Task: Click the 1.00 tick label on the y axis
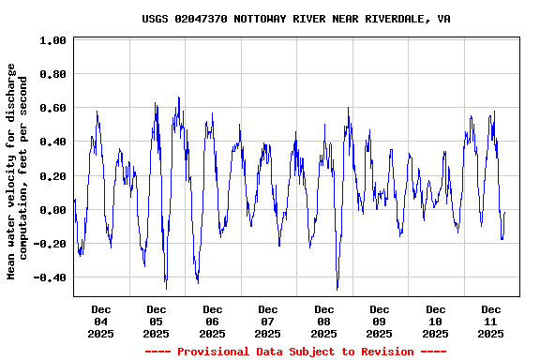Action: pyautogui.click(x=52, y=40)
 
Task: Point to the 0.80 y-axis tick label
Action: pyautogui.click(x=52, y=74)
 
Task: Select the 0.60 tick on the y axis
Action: pyautogui.click(x=52, y=108)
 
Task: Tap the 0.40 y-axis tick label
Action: pyautogui.click(x=52, y=142)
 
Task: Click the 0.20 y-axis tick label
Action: pyautogui.click(x=52, y=176)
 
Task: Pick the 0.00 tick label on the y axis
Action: pyautogui.click(x=52, y=210)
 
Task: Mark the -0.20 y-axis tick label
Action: pyautogui.click(x=49, y=244)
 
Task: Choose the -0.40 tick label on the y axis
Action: pyautogui.click(x=49, y=277)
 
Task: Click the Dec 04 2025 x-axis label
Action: pyautogui.click(x=100, y=321)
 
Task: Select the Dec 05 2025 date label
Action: pyautogui.click(x=157, y=321)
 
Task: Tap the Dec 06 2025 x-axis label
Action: pyautogui.click(x=212, y=321)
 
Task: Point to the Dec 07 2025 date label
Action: pyautogui.click(x=268, y=321)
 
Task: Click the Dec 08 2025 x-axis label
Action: pyautogui.click(x=323, y=321)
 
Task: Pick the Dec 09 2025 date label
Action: pyautogui.click(x=380, y=321)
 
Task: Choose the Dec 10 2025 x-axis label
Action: pyautogui.click(x=435, y=321)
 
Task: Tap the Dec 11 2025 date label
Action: pyautogui.click(x=491, y=321)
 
